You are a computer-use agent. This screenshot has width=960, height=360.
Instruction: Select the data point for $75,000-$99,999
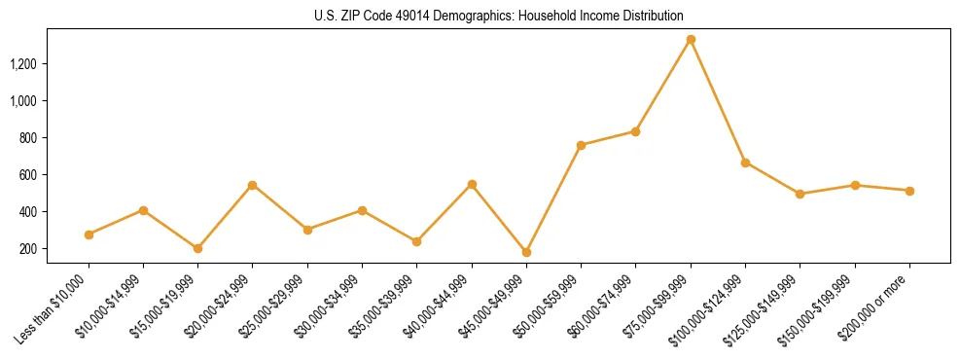point(691,40)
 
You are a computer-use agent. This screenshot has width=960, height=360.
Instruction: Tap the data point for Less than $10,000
point(89,234)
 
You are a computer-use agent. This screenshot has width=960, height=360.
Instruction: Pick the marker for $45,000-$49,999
point(526,252)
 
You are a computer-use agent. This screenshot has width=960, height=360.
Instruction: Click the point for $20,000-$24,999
point(253,185)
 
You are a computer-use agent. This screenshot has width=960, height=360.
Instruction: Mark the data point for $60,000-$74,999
point(635,131)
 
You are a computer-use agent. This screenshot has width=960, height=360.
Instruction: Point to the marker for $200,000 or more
point(909,191)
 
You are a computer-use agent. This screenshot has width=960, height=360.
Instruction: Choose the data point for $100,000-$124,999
point(745,162)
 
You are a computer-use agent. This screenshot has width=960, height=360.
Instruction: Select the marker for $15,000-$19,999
point(198,248)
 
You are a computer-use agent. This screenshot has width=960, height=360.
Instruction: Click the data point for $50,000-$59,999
point(581,145)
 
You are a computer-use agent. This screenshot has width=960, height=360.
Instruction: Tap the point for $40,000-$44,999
point(472,184)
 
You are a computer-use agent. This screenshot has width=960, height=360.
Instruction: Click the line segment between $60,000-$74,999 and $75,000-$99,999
point(663,86)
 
